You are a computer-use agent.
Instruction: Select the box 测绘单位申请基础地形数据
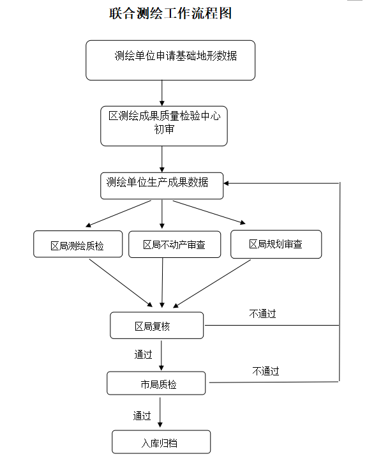click(x=170, y=60)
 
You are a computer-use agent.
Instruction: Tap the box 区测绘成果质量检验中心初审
click(x=164, y=126)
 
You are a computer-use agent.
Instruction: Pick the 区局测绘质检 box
click(x=78, y=244)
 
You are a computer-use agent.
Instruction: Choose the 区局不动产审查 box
click(x=174, y=244)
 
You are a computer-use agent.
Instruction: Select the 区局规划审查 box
click(x=276, y=244)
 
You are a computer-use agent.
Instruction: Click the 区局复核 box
click(x=156, y=326)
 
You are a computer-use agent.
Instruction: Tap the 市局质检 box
click(x=156, y=384)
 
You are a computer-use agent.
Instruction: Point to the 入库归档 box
click(x=161, y=442)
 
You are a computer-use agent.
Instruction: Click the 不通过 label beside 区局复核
click(x=263, y=313)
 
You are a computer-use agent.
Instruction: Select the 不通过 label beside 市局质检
click(x=266, y=371)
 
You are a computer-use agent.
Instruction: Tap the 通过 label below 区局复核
click(x=143, y=355)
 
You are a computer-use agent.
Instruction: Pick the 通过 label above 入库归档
click(x=142, y=416)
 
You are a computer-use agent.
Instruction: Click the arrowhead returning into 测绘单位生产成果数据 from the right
click(x=228, y=183)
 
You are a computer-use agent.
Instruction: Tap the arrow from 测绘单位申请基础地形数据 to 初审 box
click(x=162, y=93)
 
